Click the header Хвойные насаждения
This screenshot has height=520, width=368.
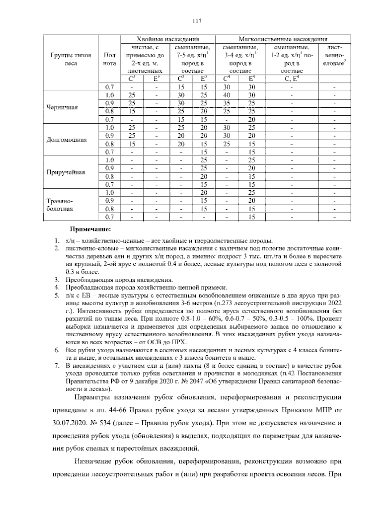pyautogui.click(x=168, y=39)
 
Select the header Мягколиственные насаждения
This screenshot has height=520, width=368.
pyautogui.click(x=283, y=39)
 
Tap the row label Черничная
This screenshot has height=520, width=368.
pyautogui.click(x=62, y=107)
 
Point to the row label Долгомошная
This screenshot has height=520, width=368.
pyautogui.click(x=67, y=140)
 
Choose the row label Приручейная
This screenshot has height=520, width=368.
pyautogui.click(x=66, y=172)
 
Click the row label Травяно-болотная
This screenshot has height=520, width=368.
pyautogui.click(x=60, y=205)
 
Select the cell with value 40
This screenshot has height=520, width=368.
pyautogui.click(x=227, y=95)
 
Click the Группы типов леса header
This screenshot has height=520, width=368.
pyautogui.click(x=71, y=59)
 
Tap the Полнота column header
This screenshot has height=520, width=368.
pyautogui.click(x=110, y=59)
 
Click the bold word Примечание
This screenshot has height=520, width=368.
pyautogui.click(x=90, y=229)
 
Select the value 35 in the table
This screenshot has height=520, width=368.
pyautogui.click(x=227, y=103)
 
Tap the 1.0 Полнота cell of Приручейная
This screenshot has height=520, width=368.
pyautogui.click(x=109, y=160)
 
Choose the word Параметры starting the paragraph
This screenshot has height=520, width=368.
pyautogui.click(x=92, y=398)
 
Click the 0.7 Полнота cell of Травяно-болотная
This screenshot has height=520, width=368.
pyautogui.click(x=109, y=217)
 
